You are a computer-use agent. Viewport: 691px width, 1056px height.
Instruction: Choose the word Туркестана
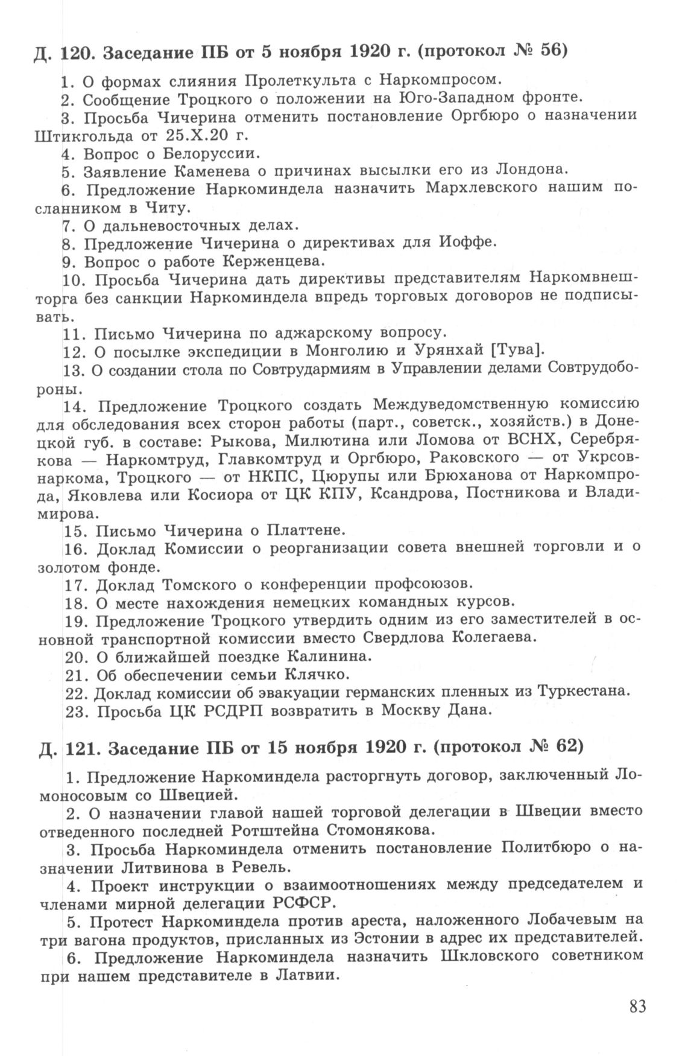tap(584, 692)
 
